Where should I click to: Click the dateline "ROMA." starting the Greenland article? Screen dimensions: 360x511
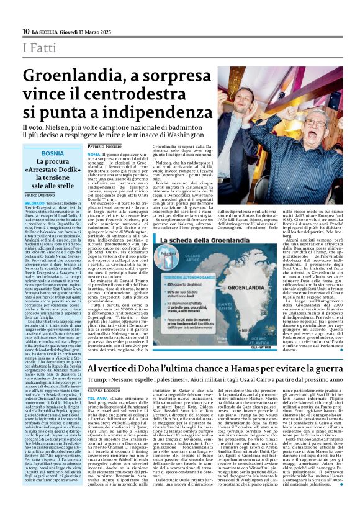pos(94,154)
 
